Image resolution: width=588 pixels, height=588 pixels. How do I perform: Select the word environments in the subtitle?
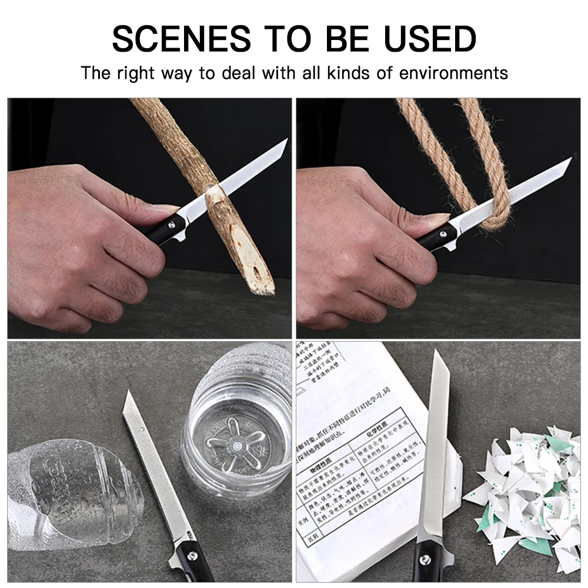(x=453, y=73)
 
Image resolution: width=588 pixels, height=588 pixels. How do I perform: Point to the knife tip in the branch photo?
(x=286, y=140)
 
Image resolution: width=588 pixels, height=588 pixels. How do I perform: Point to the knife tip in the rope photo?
(x=570, y=159)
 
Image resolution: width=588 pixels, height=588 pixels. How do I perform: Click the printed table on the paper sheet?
(x=353, y=470)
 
